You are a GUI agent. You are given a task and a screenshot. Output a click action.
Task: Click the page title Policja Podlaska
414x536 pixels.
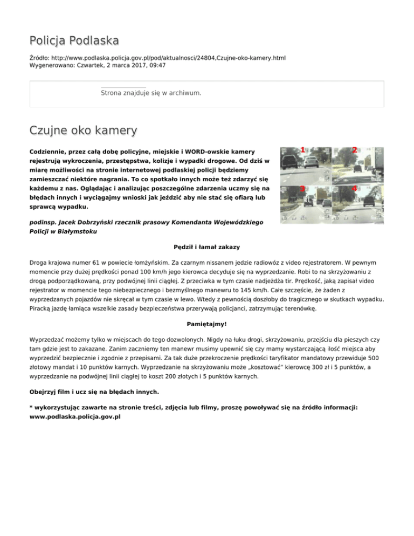click(74, 40)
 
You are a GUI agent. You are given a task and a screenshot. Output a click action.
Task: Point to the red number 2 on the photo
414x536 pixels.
click(354, 150)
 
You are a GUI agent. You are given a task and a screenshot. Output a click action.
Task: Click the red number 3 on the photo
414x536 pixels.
click(302, 189)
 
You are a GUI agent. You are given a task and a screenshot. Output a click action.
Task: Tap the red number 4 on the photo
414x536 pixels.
click(354, 189)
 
